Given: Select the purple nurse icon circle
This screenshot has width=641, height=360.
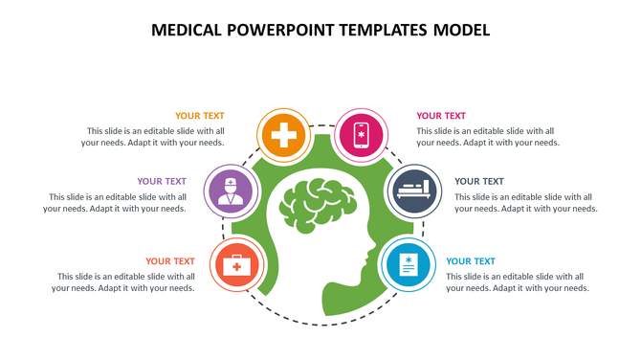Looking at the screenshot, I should (229, 189).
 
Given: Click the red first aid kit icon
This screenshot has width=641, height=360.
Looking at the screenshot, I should (233, 261).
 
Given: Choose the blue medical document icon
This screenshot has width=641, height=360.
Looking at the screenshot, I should (409, 264).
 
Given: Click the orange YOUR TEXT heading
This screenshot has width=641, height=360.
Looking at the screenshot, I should (200, 116).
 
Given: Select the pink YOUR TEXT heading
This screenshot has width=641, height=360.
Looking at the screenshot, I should (441, 116).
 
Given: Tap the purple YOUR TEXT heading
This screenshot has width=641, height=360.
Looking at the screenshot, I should (162, 181).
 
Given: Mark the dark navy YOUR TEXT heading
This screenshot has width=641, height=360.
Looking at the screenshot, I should (479, 181).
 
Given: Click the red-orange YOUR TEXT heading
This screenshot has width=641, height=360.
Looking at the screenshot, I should (170, 260).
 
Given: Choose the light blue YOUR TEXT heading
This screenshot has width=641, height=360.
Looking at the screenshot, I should (471, 260).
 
